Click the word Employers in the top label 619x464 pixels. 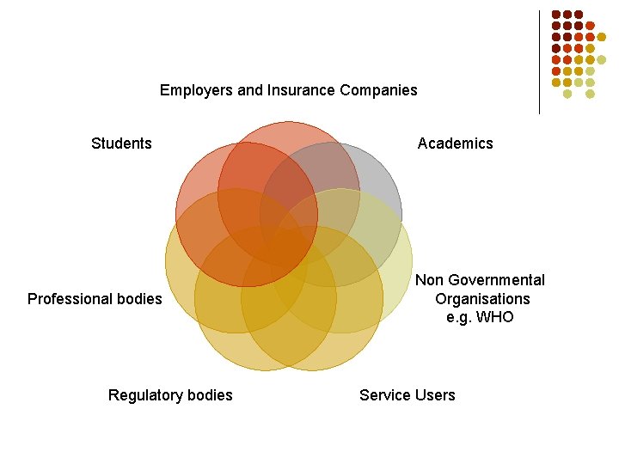click(x=196, y=90)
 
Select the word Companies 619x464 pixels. click(x=378, y=90)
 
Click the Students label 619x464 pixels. click(x=121, y=143)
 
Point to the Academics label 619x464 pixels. click(x=455, y=143)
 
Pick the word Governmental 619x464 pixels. click(x=497, y=280)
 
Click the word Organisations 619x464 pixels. click(x=482, y=299)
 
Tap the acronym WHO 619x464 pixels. click(x=494, y=317)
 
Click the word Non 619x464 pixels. click(x=430, y=280)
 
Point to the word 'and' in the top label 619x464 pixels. click(x=250, y=90)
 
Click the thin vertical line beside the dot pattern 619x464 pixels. click(x=539, y=63)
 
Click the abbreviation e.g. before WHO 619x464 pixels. click(x=458, y=318)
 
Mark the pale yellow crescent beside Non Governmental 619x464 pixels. click(x=399, y=276)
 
